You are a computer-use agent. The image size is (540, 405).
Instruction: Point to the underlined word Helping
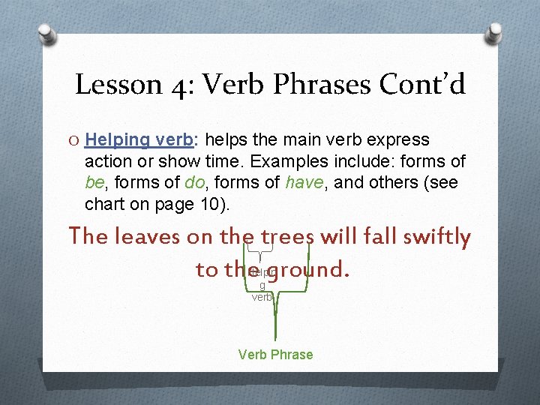coord(118,140)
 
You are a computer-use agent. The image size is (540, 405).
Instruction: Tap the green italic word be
coord(94,183)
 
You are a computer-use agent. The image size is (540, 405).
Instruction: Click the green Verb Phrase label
coord(275,355)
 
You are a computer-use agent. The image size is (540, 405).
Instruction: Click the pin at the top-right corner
coord(494,31)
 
